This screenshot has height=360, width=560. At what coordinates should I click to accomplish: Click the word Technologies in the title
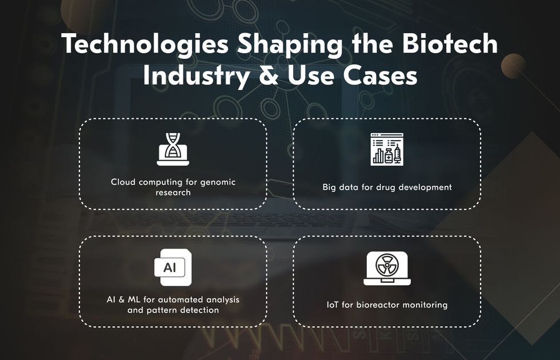point(145,45)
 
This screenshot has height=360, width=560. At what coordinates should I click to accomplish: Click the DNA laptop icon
point(173,149)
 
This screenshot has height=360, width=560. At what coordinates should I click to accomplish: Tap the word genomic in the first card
point(218,182)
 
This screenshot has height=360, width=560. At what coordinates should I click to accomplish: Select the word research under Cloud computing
point(173,193)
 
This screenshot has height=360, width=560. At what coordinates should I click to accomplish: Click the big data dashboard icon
point(387,149)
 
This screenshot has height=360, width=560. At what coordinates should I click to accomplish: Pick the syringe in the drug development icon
point(397,154)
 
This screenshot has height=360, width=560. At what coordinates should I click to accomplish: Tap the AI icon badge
point(173,267)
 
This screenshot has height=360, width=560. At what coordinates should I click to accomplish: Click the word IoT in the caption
point(333,305)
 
